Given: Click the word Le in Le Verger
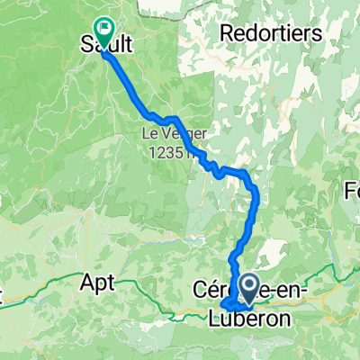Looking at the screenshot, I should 148,134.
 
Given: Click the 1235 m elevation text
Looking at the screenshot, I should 174,150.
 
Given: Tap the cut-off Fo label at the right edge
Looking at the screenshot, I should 352,191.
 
